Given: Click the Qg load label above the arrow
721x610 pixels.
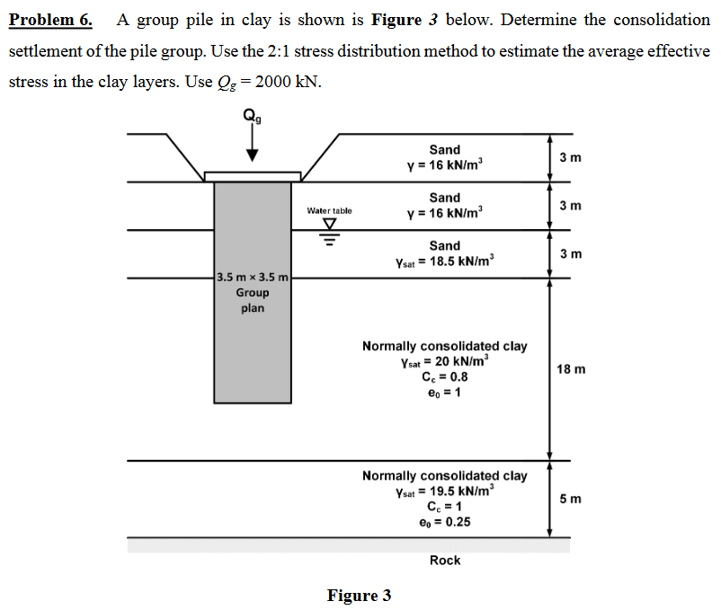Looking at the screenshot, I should coord(252,114).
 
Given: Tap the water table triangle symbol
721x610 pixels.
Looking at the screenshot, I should coord(329,225).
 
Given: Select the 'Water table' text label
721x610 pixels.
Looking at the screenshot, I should coord(329,210).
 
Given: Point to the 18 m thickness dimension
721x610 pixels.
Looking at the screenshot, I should coord(571,369).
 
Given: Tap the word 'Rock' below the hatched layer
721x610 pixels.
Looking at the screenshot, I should coord(445,561).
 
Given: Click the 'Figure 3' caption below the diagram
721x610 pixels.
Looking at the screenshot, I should coord(359,596).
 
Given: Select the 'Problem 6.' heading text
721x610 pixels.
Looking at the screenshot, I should coord(51,20).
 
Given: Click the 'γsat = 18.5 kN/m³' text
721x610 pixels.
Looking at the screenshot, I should coord(444,261).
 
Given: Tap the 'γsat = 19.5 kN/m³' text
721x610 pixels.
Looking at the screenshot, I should coord(444,491).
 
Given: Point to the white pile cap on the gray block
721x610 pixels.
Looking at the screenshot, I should coord(253,176).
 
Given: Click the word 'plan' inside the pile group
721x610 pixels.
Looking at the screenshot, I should coord(253,308).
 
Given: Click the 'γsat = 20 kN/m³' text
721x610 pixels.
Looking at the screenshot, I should coord(444,362).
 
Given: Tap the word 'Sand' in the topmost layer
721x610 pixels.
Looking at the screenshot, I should coord(444,150).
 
